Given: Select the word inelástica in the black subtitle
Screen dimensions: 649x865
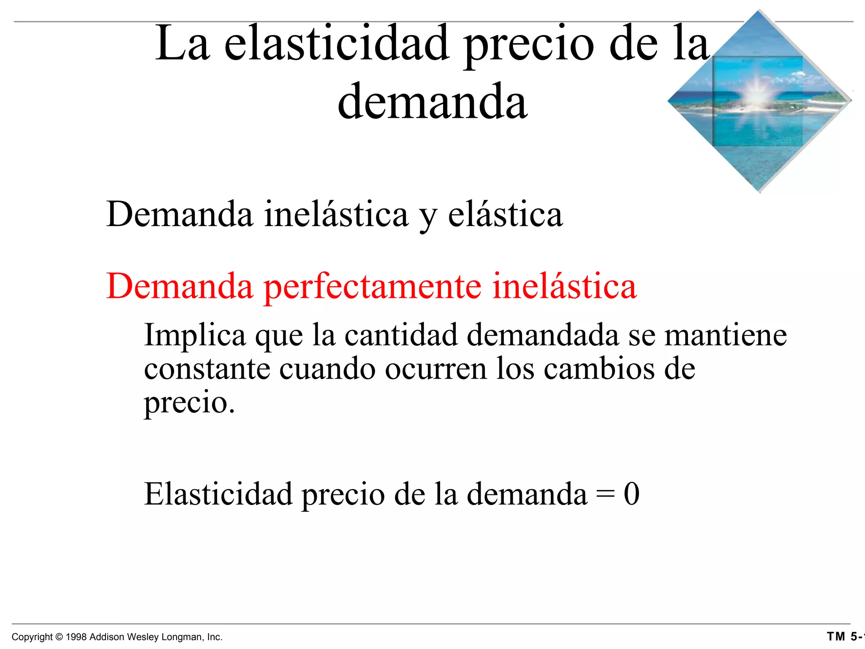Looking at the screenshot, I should pos(336,214).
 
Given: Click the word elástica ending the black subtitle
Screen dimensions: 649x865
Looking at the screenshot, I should pos(505,214).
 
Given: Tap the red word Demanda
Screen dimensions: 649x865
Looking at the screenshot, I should pos(180,286).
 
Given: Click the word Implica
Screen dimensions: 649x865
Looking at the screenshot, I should pos(195,335).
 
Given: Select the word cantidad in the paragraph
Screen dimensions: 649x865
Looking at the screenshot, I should pos(401,335).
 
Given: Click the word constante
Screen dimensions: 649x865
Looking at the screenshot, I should pos(207,368).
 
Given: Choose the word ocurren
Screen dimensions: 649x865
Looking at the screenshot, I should pos(435,368).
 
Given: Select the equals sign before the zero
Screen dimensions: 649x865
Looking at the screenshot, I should pos(605,494).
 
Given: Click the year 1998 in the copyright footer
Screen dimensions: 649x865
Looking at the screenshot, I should pos(76,637).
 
